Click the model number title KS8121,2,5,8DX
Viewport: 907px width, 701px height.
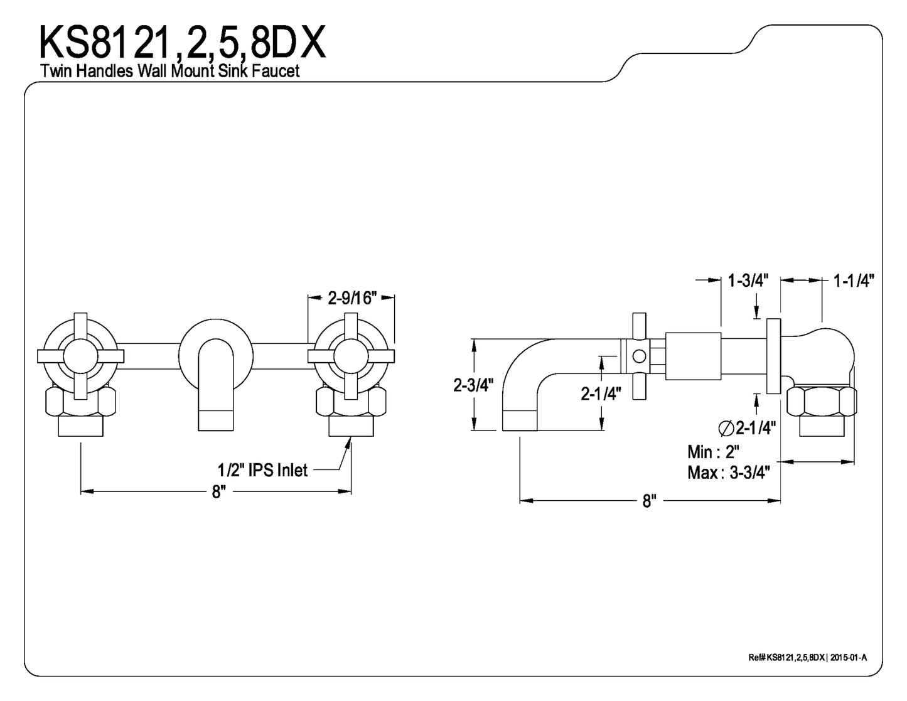pos(182,43)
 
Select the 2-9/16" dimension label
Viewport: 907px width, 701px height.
pos(352,298)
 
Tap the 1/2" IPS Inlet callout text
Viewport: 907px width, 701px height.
pos(262,469)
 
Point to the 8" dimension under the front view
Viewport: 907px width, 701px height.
pos(217,491)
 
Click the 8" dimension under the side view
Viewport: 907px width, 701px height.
pos(649,501)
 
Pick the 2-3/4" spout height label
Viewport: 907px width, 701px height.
pos(474,385)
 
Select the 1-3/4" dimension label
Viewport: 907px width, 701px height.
pos(748,281)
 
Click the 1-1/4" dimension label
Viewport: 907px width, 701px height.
pos(854,281)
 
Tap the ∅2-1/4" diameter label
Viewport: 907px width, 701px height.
pos(747,428)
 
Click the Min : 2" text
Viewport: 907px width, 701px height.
pos(713,451)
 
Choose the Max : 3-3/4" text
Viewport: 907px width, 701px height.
pos(728,472)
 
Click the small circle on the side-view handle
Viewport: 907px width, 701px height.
pos(639,356)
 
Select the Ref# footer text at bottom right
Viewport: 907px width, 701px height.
pos(807,657)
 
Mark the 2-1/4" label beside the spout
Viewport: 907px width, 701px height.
pos(601,393)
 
